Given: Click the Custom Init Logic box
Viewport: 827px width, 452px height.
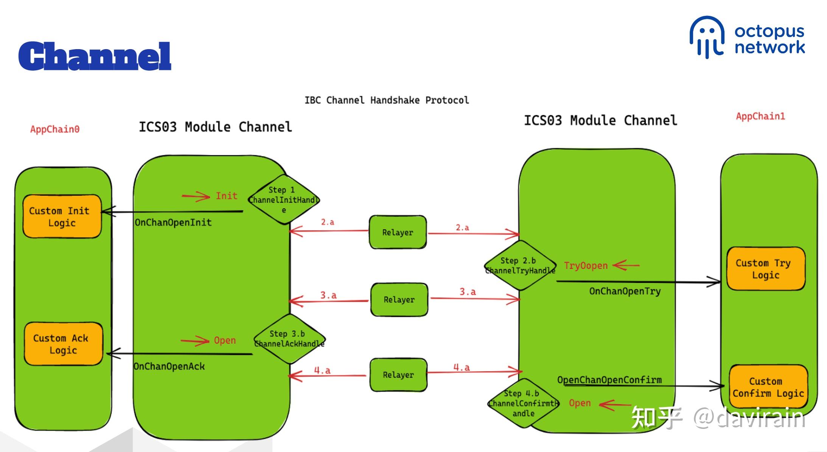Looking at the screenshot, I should pos(62,216).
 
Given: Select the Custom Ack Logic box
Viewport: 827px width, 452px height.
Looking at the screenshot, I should pos(63,344).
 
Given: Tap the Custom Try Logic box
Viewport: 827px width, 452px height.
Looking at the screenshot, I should pos(765,269).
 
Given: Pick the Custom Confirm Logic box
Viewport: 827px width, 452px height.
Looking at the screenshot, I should pos(768,387).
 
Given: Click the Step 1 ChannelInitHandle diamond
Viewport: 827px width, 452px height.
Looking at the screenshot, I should pos(283,200).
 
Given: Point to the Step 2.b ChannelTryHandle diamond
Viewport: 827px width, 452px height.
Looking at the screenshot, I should pos(520,265).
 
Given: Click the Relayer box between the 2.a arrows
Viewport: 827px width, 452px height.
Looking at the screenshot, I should pos(398,232).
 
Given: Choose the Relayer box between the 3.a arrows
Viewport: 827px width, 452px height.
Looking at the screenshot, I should pos(399,299).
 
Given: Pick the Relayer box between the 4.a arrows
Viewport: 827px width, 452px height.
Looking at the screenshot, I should pos(398,375).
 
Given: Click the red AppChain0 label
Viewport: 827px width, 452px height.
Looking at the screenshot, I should pos(55,129).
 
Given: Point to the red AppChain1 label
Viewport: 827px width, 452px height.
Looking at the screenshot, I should pos(760,116).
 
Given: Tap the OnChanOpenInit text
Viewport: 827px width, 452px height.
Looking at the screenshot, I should pos(173,222).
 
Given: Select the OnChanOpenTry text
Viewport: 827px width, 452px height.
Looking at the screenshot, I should pos(625,291).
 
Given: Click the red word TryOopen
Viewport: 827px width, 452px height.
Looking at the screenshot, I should pos(586,266).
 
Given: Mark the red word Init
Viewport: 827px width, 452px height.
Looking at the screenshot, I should pos(226,196).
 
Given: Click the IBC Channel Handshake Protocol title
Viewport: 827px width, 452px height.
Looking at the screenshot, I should pos(386,100).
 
